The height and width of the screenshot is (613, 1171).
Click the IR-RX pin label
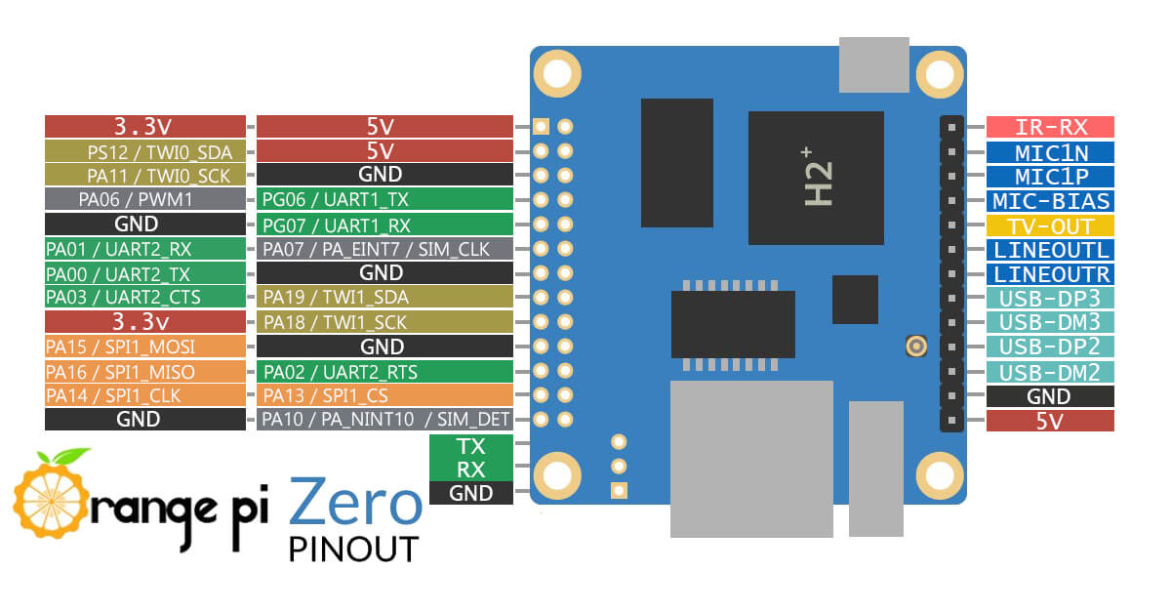click(1050, 127)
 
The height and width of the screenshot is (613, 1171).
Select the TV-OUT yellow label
click(1050, 225)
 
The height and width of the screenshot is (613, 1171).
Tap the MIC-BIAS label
click(1050, 201)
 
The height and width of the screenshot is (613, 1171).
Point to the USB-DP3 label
click(1050, 299)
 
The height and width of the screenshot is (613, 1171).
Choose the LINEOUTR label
click(1050, 274)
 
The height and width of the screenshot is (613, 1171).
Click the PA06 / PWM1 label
click(145, 200)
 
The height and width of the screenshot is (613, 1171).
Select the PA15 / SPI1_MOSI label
click(145, 347)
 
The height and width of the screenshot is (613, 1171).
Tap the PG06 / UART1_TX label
click(384, 200)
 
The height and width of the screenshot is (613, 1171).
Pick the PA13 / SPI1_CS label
click(384, 395)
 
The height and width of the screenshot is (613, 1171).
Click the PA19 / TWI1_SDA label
click(384, 298)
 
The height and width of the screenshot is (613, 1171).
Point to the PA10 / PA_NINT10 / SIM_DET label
click(384, 420)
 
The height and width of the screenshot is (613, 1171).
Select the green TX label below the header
click(470, 446)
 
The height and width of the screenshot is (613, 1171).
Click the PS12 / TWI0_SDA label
click(145, 151)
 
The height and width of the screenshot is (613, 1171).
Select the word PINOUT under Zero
click(353, 549)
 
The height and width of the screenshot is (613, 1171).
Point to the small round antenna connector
click(915, 346)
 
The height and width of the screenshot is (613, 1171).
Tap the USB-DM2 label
click(1050, 372)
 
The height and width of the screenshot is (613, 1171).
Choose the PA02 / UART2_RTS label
click(384, 371)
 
